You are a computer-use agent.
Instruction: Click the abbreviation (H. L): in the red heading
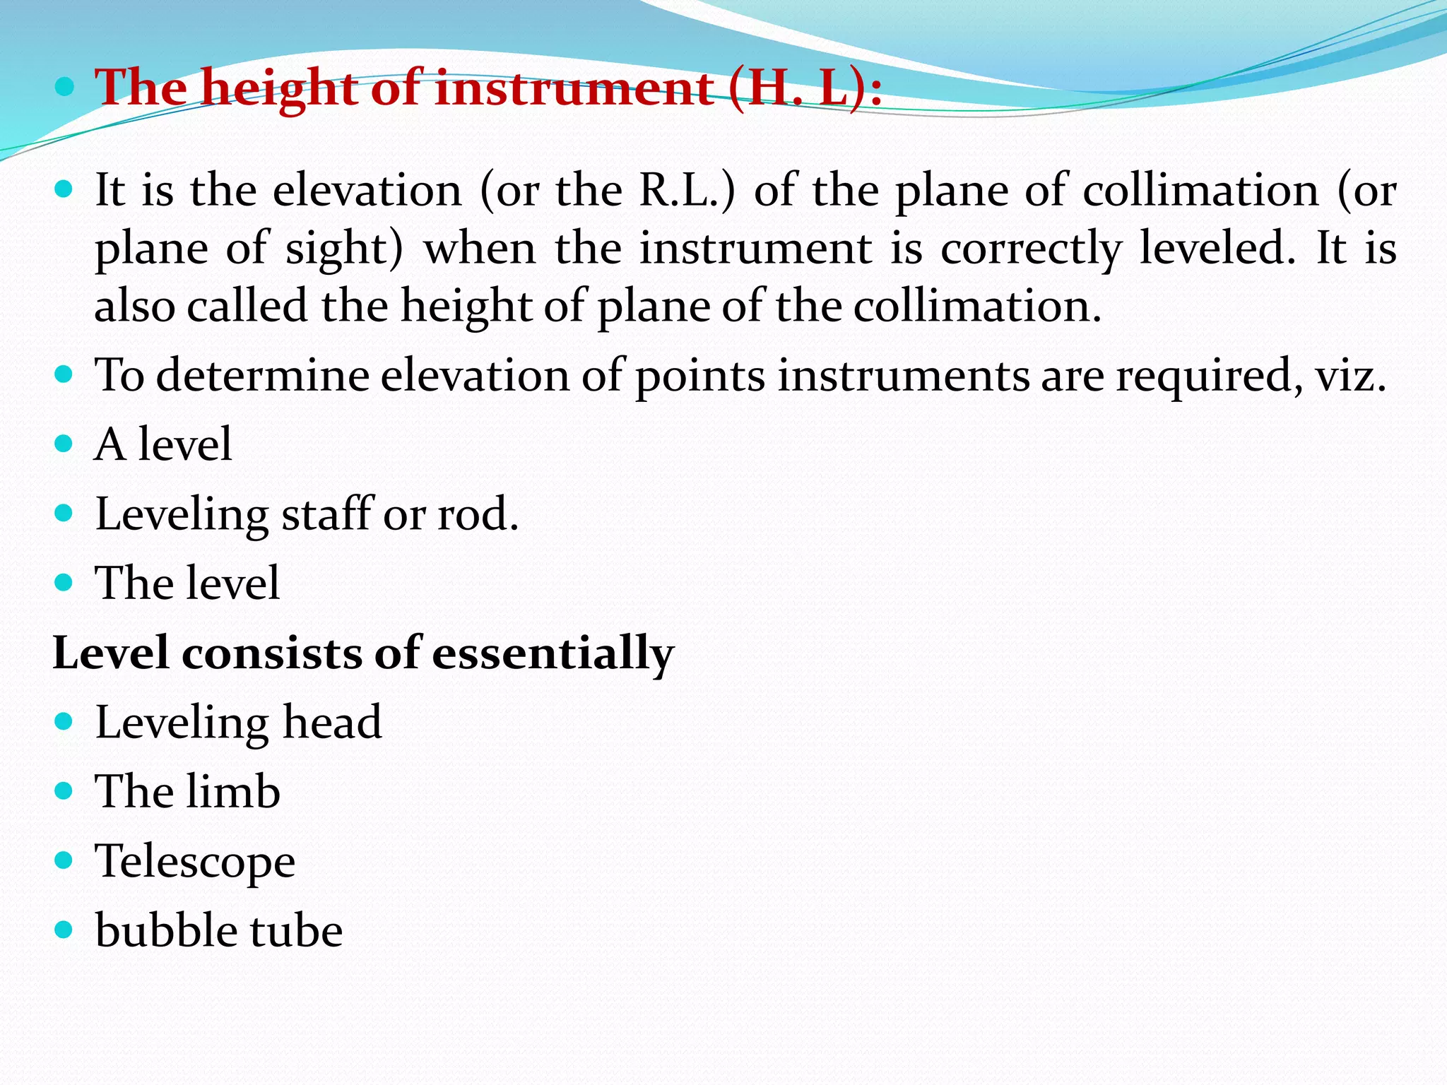(804, 89)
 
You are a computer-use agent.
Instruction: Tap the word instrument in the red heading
(573, 89)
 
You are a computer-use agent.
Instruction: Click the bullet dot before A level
(64, 444)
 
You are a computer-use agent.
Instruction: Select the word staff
(326, 514)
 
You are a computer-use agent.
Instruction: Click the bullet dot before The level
(64, 583)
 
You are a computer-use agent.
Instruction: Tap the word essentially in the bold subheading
(553, 653)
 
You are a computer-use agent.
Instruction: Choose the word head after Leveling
(332, 722)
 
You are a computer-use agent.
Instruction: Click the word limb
(232, 791)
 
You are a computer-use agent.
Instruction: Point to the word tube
(300, 930)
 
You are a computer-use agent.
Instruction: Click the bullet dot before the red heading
(64, 88)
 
